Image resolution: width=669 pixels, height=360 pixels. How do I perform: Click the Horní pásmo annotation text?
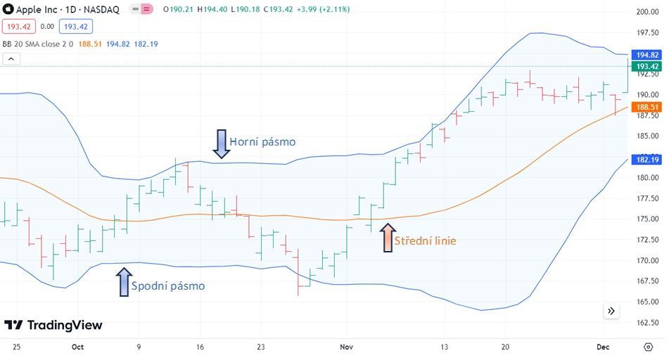click(262, 142)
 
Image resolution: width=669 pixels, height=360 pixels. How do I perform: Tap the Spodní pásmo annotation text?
click(168, 286)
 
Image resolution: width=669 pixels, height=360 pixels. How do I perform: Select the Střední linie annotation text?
click(425, 241)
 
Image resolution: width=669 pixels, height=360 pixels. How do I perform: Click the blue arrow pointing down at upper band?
click(221, 143)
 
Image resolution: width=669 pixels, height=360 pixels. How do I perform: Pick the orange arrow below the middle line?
click(388, 238)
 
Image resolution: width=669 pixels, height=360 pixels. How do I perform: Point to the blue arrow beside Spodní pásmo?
click(124, 282)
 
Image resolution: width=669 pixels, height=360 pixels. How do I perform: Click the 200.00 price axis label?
click(646, 12)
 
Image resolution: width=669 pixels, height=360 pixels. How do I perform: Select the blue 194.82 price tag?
click(646, 55)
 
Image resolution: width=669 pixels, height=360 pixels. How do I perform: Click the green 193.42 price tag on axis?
click(646, 67)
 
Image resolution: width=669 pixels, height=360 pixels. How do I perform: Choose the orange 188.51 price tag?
click(646, 108)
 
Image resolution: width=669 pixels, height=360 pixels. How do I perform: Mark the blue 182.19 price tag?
click(646, 160)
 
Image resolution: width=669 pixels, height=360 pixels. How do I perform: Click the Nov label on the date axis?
click(346, 347)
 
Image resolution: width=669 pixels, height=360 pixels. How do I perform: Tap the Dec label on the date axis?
click(602, 347)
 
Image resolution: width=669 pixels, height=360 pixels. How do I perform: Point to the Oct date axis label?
click(77, 347)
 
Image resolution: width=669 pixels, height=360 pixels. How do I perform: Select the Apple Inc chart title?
click(60, 10)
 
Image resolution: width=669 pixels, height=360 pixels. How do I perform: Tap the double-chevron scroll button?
click(611, 311)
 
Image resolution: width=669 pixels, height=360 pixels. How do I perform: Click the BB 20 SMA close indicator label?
click(42, 44)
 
